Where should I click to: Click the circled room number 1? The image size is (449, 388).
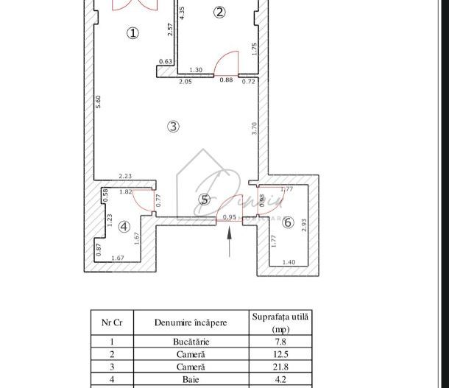(132, 33)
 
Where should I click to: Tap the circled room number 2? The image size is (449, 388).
(219, 12)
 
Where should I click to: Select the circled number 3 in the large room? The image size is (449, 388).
(173, 127)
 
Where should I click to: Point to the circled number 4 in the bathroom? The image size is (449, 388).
(124, 227)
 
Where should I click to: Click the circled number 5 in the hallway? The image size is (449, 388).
(205, 200)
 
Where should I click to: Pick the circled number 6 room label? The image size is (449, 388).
(288, 222)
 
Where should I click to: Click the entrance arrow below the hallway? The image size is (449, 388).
(230, 241)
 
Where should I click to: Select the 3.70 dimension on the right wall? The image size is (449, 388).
(254, 128)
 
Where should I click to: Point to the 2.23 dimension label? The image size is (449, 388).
(126, 175)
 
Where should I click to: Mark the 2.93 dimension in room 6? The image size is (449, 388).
(303, 226)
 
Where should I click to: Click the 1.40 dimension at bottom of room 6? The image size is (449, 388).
(289, 263)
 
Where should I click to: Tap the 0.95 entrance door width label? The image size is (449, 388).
(230, 217)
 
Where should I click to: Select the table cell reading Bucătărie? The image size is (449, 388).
(191, 342)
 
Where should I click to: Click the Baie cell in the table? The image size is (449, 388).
(191, 379)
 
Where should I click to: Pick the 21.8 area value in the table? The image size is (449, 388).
(280, 367)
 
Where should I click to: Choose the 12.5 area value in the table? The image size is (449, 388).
(280, 354)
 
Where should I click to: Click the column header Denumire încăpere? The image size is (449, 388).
(191, 322)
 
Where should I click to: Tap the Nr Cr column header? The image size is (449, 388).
(112, 322)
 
